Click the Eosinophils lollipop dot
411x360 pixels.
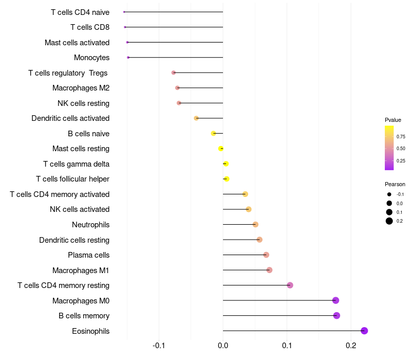pyautogui.click(x=364, y=331)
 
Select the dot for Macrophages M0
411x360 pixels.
pyautogui.click(x=335, y=300)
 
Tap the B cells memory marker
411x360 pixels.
pyautogui.click(x=337, y=316)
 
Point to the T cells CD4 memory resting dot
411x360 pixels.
pyautogui.click(x=290, y=285)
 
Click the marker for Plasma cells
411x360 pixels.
pyautogui.click(x=266, y=255)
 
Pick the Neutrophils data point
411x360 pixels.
pyautogui.click(x=255, y=225)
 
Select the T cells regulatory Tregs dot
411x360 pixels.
pyautogui.click(x=174, y=73)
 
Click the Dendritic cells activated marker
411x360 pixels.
pyautogui.click(x=196, y=118)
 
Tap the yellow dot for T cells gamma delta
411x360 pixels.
pyautogui.click(x=226, y=164)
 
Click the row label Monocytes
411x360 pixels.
pyautogui.click(x=91, y=58)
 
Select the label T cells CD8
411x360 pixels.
pyautogui.click(x=90, y=27)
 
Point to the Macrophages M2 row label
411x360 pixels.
pyautogui.click(x=81, y=88)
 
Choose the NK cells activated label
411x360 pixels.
pyautogui.click(x=80, y=209)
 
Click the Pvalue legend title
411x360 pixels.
pyautogui.click(x=393, y=120)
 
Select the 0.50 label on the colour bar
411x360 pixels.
pyautogui.click(x=401, y=149)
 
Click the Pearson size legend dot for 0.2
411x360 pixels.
pyautogui.click(x=389, y=221)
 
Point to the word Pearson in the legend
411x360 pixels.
pyautogui.click(x=395, y=184)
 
